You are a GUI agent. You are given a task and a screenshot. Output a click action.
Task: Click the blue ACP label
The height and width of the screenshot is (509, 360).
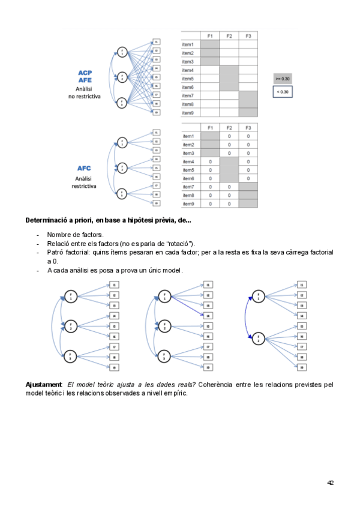coord(84,73)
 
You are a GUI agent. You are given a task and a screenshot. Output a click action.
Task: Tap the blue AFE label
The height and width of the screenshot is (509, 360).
coord(84,80)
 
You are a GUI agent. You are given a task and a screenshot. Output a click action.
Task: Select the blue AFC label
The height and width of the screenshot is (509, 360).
coord(84,169)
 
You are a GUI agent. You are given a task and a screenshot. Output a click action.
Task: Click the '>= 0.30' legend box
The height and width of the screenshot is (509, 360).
coord(282,79)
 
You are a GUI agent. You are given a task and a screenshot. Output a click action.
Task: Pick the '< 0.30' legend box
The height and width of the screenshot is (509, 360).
coord(282,92)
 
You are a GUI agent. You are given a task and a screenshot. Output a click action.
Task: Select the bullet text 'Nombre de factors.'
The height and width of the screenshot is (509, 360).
coord(75,235)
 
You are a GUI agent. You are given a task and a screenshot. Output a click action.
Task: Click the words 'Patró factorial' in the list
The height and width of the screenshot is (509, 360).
coord(68,253)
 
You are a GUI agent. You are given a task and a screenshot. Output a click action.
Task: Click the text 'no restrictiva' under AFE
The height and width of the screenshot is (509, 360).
coord(84,95)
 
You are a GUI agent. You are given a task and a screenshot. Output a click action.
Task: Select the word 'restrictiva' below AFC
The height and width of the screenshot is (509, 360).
coord(84,186)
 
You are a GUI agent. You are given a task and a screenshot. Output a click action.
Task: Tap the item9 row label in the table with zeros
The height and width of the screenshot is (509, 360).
coord(188,203)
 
